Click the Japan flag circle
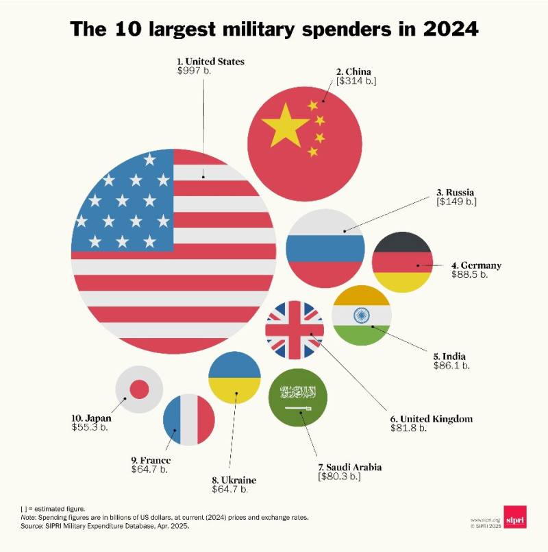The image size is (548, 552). click(x=139, y=389)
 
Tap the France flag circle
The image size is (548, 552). click(x=189, y=420)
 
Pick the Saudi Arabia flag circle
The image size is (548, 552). click(x=298, y=398)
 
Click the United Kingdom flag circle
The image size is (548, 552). click(x=295, y=330)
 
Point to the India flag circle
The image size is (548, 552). click(x=361, y=315)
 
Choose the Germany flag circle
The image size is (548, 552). click(x=402, y=263)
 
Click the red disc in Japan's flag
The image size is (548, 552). click(x=139, y=389)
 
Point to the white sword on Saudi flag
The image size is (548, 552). click(x=298, y=409)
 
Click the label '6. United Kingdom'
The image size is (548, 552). click(x=432, y=418)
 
